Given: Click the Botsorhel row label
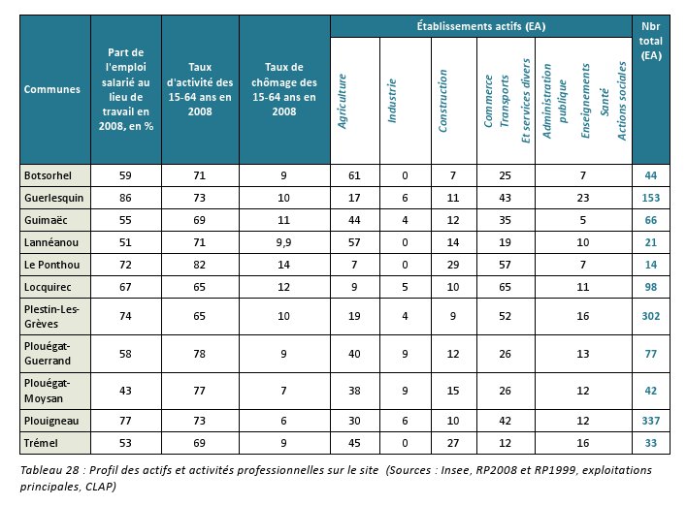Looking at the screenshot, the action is click(48, 175).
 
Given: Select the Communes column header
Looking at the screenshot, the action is click(52, 89).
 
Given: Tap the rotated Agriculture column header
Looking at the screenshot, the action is click(343, 101).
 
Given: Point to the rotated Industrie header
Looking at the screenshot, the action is click(392, 101).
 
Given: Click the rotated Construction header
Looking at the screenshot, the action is click(442, 101).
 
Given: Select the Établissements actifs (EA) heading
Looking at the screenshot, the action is click(481, 26).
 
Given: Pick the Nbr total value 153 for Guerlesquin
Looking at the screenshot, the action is click(651, 198).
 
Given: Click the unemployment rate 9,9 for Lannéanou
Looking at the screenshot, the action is click(283, 242).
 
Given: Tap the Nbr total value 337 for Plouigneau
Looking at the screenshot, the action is click(651, 421).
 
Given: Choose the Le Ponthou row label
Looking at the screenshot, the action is click(51, 265).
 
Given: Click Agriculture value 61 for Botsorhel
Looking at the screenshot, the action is click(354, 175).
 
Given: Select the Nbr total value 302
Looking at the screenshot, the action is click(651, 316).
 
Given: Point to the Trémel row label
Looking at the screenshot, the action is click(41, 443).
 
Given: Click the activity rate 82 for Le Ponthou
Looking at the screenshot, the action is click(199, 265).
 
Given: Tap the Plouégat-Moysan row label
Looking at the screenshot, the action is click(47, 391).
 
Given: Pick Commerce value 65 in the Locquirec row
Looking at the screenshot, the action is click(505, 287).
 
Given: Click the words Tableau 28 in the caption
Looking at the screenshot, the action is click(49, 470).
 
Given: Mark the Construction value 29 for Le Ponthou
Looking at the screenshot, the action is click(452, 265).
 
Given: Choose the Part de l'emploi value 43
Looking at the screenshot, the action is click(125, 391).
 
